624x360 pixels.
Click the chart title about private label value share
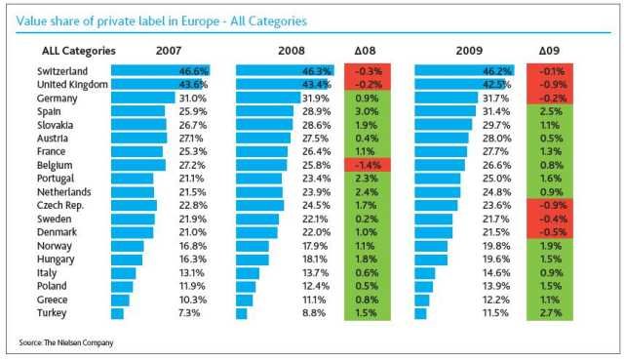(161, 21)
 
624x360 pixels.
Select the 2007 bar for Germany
(143, 98)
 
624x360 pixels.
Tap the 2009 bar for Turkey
(420, 313)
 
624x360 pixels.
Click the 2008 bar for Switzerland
(285, 71)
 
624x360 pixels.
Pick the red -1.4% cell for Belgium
(368, 165)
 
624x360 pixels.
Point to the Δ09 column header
(549, 51)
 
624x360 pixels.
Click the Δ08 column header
(365, 51)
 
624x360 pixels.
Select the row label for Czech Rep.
(60, 206)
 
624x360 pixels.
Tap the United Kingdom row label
(72, 85)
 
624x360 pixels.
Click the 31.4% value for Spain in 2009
(496, 111)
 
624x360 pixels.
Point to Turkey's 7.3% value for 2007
(189, 313)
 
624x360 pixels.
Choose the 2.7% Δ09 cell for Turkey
(550, 313)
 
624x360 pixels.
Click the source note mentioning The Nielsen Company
(66, 342)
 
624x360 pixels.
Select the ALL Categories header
(79, 51)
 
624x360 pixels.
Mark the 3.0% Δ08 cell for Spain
(368, 111)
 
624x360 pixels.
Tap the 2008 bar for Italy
(248, 273)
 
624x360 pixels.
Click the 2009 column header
(469, 51)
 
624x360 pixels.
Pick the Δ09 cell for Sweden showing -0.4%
(550, 220)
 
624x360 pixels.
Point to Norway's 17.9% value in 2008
(315, 246)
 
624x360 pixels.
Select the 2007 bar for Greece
(120, 300)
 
